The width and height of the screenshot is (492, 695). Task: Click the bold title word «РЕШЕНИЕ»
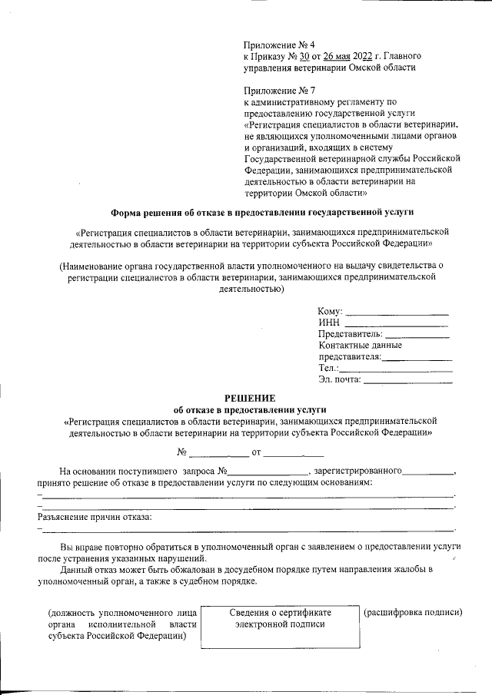[249, 398]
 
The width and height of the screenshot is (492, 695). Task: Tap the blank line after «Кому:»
[397, 312]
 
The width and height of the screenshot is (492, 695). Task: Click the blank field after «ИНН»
[397, 323]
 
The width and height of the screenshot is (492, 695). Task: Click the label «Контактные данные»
[360, 346]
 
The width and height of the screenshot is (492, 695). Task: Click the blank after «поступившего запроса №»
[268, 470]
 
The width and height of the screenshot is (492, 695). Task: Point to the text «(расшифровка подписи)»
[413, 612]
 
